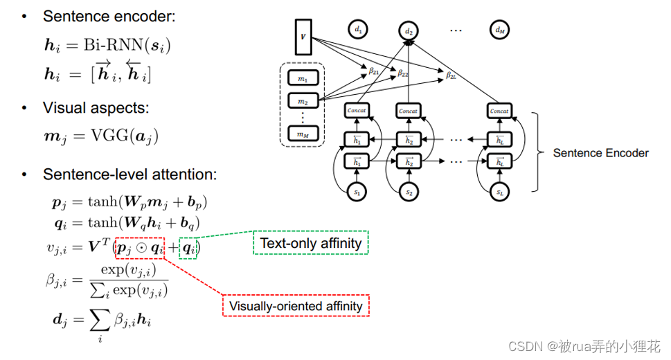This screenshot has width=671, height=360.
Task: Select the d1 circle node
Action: click(358, 29)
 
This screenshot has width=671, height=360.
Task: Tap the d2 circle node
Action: click(409, 30)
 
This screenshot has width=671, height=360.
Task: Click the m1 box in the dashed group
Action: click(303, 79)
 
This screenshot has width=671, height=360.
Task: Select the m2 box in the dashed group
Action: click(303, 102)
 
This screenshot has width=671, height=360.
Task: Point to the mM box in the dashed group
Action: click(303, 134)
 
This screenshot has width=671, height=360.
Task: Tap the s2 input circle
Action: click(409, 192)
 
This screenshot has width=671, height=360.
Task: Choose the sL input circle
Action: click(499, 192)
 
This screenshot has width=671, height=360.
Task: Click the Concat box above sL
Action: click(499, 110)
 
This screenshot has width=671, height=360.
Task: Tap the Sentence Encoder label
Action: click(600, 152)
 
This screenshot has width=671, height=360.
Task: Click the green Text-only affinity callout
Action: click(310, 243)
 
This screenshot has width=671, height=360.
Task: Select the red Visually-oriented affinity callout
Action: click(296, 305)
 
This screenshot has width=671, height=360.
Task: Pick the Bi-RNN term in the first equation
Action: click(110, 46)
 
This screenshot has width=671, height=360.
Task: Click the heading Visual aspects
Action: click(96, 108)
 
